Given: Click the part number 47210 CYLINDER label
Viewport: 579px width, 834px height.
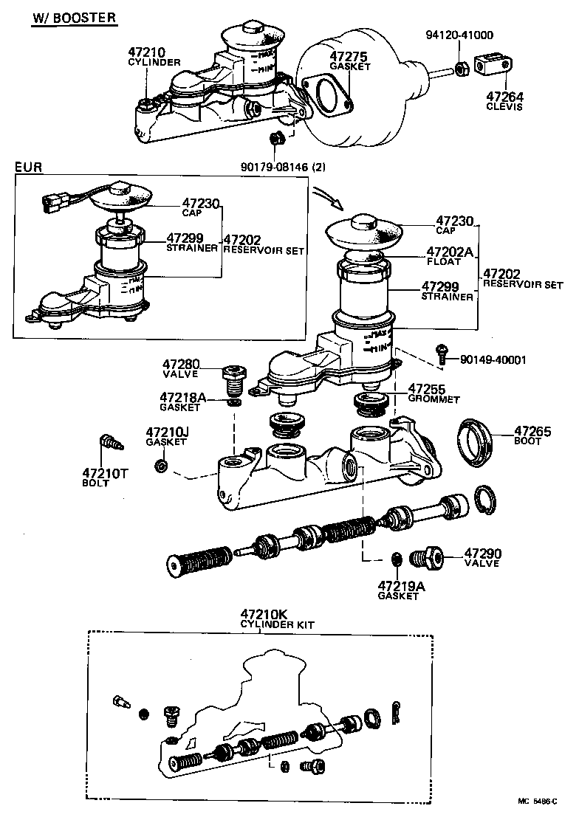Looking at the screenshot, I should coord(154,57).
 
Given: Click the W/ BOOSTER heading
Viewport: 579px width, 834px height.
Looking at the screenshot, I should coord(73,18).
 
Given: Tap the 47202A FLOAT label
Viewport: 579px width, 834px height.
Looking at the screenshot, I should coord(448,255).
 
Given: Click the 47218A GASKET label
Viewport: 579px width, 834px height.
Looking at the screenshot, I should coord(179,402).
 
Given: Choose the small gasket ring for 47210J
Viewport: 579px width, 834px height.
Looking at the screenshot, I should coord(162,466).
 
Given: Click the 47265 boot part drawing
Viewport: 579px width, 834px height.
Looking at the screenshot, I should coord(475,443).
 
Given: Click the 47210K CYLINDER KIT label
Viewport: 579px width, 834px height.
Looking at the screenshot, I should coord(277,618).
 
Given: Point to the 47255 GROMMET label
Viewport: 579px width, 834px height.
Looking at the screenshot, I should coord(433,393).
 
